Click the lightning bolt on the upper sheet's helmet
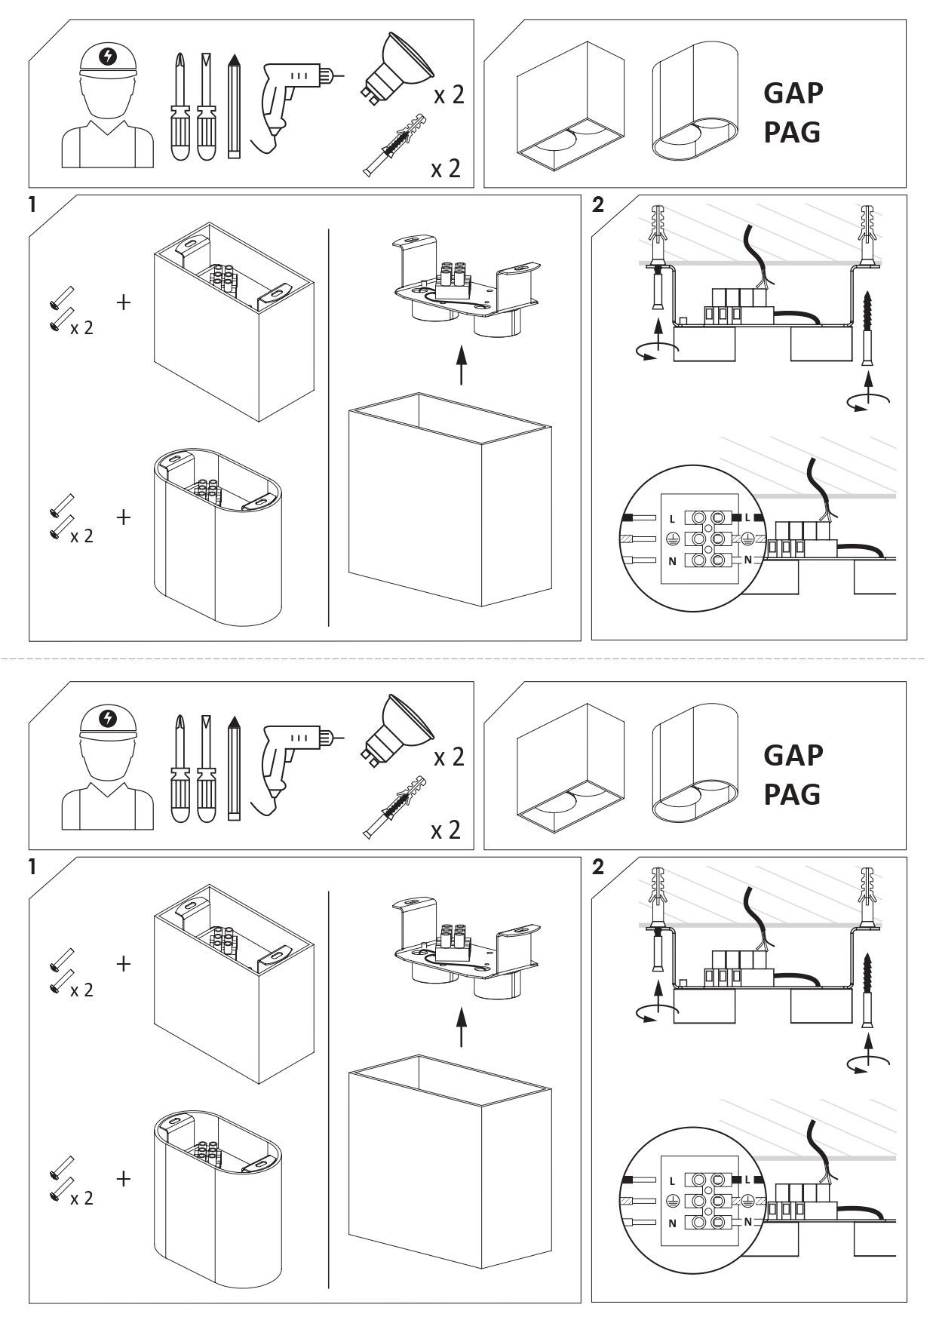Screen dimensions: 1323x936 [x=109, y=56]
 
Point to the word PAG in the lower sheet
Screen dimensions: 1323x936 [x=792, y=793]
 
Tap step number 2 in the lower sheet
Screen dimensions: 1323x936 [x=598, y=867]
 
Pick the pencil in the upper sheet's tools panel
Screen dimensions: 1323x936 [x=234, y=106]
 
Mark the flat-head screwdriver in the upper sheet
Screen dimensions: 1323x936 [x=206, y=106]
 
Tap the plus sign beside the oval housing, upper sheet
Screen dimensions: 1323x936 [x=124, y=517]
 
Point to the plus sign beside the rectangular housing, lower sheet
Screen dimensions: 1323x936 [x=124, y=963]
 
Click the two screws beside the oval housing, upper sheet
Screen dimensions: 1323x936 [x=61, y=517]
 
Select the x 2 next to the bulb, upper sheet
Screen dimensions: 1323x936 [x=449, y=96]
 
